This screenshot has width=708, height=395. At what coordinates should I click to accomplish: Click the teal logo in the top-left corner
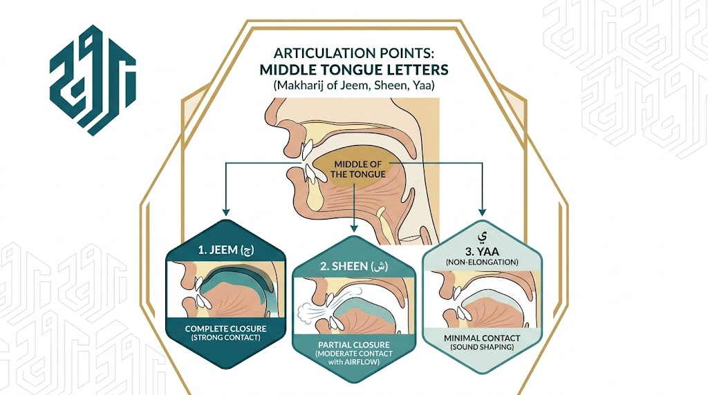tap(93, 80)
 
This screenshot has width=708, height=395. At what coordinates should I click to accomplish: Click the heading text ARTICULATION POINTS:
tap(353, 53)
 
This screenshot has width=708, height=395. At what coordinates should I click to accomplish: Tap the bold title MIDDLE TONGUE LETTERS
tap(353, 70)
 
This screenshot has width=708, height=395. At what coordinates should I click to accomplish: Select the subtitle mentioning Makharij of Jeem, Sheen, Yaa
tap(353, 85)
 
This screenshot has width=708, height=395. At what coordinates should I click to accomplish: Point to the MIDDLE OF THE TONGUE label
tap(357, 170)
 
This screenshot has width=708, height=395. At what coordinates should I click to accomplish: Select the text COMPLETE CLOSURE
tap(226, 329)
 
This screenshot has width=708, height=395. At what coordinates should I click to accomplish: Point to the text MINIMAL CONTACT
tap(482, 338)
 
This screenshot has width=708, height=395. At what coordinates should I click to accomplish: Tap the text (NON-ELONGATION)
tap(482, 262)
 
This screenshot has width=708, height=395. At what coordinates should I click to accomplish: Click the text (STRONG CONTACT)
tap(226, 337)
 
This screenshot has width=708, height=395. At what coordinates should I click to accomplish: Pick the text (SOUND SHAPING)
tap(482, 347)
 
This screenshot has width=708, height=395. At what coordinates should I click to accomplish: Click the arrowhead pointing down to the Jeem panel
tap(226, 212)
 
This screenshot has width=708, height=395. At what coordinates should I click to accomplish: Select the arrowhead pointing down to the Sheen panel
tap(354, 228)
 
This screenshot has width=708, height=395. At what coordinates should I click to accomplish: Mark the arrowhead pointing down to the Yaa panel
tap(482, 211)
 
